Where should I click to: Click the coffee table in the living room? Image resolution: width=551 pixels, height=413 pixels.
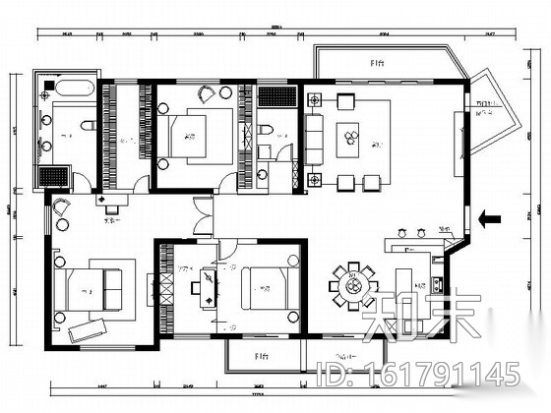click(349, 141)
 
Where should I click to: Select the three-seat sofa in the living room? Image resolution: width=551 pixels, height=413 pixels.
click(313, 139)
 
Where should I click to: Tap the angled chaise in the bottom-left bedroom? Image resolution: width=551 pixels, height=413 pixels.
click(83, 328)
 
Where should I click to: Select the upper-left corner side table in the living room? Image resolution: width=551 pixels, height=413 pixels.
click(314, 98)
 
